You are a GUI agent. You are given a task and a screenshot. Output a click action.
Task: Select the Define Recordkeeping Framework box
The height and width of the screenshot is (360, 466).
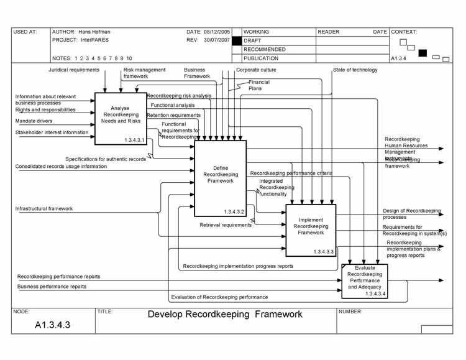[x=221, y=178]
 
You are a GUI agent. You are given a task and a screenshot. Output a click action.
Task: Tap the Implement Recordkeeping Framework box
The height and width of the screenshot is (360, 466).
[x=311, y=230]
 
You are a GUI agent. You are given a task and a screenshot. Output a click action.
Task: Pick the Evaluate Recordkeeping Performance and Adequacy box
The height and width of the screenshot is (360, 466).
[x=365, y=281]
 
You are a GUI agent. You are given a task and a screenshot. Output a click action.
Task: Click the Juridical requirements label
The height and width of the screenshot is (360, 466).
[x=74, y=70]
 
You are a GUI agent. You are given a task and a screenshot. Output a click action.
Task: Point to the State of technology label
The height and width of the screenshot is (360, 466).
[x=355, y=70]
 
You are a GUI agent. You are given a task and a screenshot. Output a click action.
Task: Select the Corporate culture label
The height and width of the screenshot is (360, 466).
[x=256, y=70]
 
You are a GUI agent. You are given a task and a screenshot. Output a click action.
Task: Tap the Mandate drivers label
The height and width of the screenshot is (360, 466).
[x=34, y=121]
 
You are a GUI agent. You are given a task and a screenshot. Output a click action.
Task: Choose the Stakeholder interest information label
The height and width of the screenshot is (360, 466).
[x=52, y=132]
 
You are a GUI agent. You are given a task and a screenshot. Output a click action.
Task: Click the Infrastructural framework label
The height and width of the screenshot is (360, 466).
[x=44, y=209]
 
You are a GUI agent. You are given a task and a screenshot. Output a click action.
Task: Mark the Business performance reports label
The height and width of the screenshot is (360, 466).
[x=52, y=287]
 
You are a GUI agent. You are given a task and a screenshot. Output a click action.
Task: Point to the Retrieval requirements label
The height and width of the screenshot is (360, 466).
[x=226, y=225]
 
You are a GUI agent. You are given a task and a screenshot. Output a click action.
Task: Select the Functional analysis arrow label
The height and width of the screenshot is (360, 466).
[x=172, y=106]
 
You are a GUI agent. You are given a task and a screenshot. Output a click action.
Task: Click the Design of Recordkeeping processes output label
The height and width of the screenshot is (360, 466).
[x=411, y=214]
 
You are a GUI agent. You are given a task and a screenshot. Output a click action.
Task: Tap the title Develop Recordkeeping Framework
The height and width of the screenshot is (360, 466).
[x=225, y=315]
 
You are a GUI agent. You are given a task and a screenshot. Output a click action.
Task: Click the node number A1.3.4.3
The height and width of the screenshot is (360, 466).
[x=52, y=325]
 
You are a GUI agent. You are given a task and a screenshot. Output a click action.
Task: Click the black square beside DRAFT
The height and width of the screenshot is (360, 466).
[x=236, y=40]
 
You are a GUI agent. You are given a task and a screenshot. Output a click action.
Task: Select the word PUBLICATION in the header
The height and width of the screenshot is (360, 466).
[x=261, y=58]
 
